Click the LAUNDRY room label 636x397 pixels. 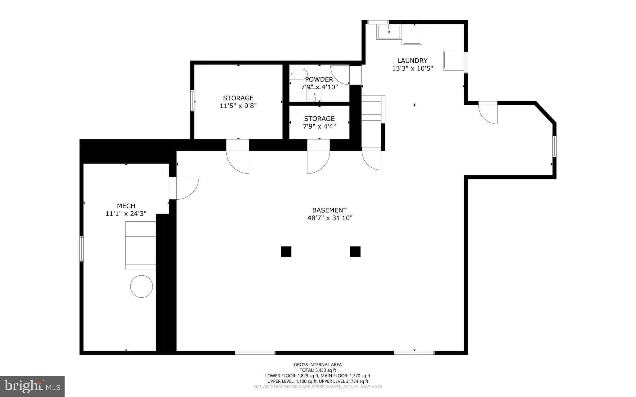tap(412, 61)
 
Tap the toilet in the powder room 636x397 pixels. tap(298, 74)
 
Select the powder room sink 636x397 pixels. tap(314, 95)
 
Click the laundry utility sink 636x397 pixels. tap(389, 32)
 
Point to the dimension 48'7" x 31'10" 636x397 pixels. tap(329, 218)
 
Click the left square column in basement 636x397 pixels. tap(286, 251)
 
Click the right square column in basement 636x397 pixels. tap(355, 251)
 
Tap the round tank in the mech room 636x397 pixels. tap(141, 286)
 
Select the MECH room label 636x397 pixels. tap(126, 206)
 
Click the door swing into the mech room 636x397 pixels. tap(186, 188)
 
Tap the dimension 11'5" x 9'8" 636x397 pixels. tap(238, 106)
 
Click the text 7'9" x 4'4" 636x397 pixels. tap(319, 126)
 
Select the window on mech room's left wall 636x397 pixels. tap(81, 248)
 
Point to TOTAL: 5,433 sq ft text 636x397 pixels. tap(318, 370)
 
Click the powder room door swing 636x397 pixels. tap(340, 74)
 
